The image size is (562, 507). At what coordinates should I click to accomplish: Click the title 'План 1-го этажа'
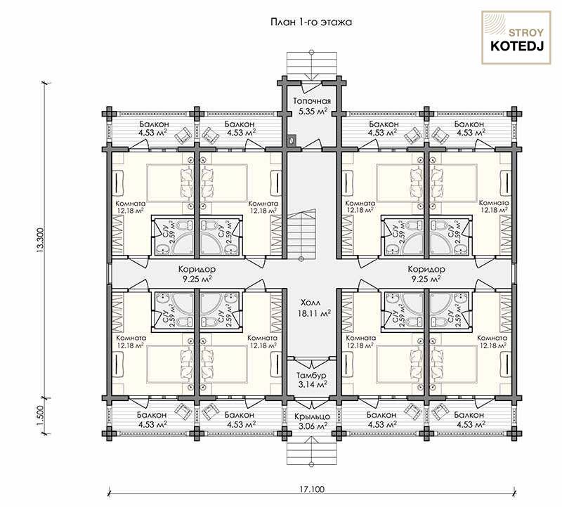[311, 22]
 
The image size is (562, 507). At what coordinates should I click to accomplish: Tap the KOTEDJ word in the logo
[517, 46]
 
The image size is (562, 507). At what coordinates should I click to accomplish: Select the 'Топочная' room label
[312, 101]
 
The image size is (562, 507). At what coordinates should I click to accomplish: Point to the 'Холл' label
[311, 303]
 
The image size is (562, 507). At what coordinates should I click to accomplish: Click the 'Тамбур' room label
[311, 376]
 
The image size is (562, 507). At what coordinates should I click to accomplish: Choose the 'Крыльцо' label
[312, 417]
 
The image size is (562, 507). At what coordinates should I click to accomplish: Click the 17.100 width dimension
[312, 489]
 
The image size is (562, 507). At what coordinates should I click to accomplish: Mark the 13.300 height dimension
[41, 240]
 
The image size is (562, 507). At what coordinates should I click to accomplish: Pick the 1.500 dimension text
[41, 415]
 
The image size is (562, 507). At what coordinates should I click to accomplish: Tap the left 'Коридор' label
[197, 269]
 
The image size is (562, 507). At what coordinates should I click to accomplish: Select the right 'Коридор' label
[426, 269]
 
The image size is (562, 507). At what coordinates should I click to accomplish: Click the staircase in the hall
[301, 235]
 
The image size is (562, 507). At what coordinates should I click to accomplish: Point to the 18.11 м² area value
[314, 313]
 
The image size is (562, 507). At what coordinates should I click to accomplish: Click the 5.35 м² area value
[313, 111]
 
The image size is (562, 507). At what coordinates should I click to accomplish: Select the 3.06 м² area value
[313, 426]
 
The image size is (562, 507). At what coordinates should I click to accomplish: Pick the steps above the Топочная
[312, 64]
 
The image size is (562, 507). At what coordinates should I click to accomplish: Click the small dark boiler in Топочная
[292, 140]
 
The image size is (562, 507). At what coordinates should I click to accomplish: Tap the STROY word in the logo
[526, 33]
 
